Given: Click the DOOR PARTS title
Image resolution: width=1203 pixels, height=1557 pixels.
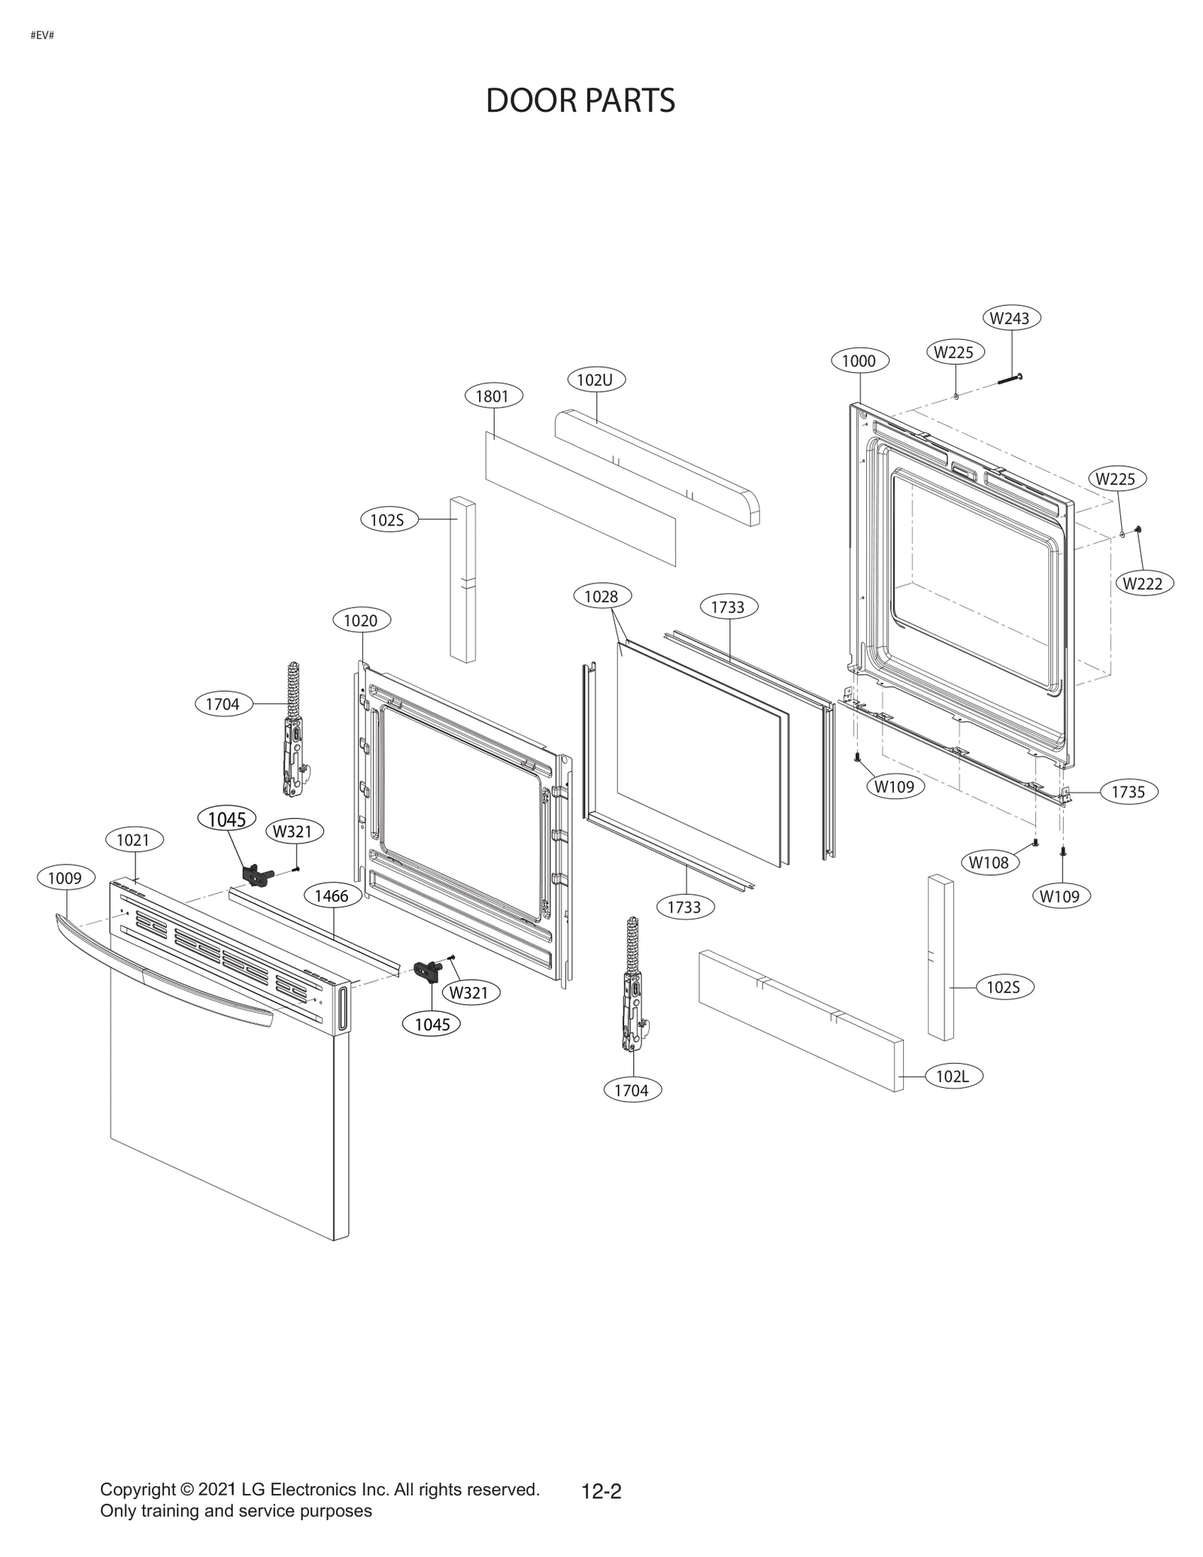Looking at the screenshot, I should [580, 101].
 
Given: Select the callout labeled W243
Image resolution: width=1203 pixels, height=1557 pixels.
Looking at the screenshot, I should [1011, 318].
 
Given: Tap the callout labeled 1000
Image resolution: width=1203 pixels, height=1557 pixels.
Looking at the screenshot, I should [859, 361].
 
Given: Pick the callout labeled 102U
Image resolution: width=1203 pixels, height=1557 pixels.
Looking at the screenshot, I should [595, 380].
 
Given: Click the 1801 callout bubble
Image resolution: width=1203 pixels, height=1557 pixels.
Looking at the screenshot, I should [493, 396].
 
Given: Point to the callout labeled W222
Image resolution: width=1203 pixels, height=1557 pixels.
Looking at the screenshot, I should [1144, 583].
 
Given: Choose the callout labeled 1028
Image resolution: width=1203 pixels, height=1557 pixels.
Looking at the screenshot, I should [601, 596].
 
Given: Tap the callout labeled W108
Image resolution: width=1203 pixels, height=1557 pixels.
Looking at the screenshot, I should [989, 862].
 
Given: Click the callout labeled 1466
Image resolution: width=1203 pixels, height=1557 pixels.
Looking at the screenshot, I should [332, 895].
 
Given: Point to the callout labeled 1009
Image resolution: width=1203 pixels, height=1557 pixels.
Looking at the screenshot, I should [66, 877].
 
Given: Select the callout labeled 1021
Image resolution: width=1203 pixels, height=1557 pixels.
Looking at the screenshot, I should [133, 840].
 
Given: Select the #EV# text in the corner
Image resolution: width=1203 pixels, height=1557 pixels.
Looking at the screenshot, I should [42, 35].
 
